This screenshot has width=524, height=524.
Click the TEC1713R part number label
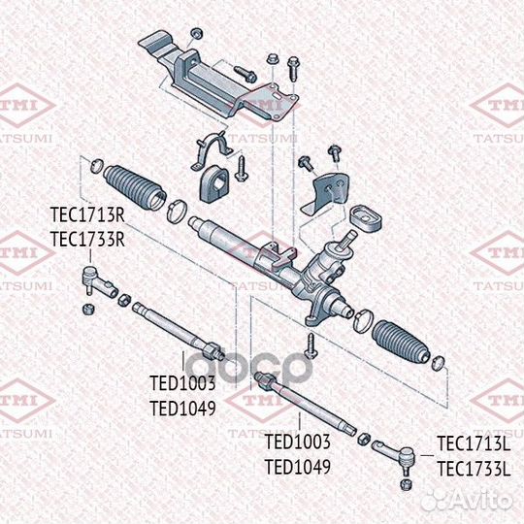click(88, 216)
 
